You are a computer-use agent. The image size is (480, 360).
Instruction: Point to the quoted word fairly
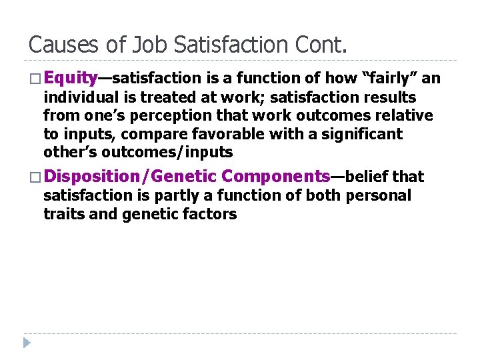tap(387, 79)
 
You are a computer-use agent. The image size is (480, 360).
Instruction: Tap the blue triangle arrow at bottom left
tap(26, 343)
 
